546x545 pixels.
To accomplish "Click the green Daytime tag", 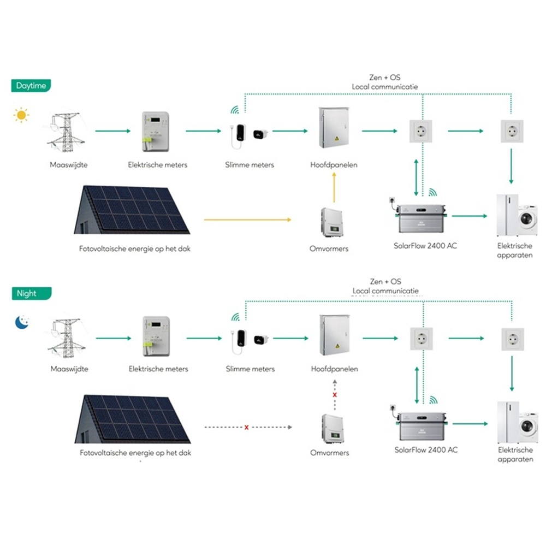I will click(31, 86).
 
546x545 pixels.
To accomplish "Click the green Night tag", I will click(31, 293).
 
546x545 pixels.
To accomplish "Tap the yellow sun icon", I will click(21, 115).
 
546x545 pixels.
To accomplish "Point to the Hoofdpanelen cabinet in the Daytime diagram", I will click(334, 129).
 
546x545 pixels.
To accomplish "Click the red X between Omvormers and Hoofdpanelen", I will click(335, 394).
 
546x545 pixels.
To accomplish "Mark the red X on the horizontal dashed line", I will click(247, 427).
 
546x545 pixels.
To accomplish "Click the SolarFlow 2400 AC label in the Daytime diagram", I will click(425, 245).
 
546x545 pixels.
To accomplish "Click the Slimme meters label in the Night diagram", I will click(250, 369).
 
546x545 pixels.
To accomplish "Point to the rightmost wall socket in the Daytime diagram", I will click(512, 132).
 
